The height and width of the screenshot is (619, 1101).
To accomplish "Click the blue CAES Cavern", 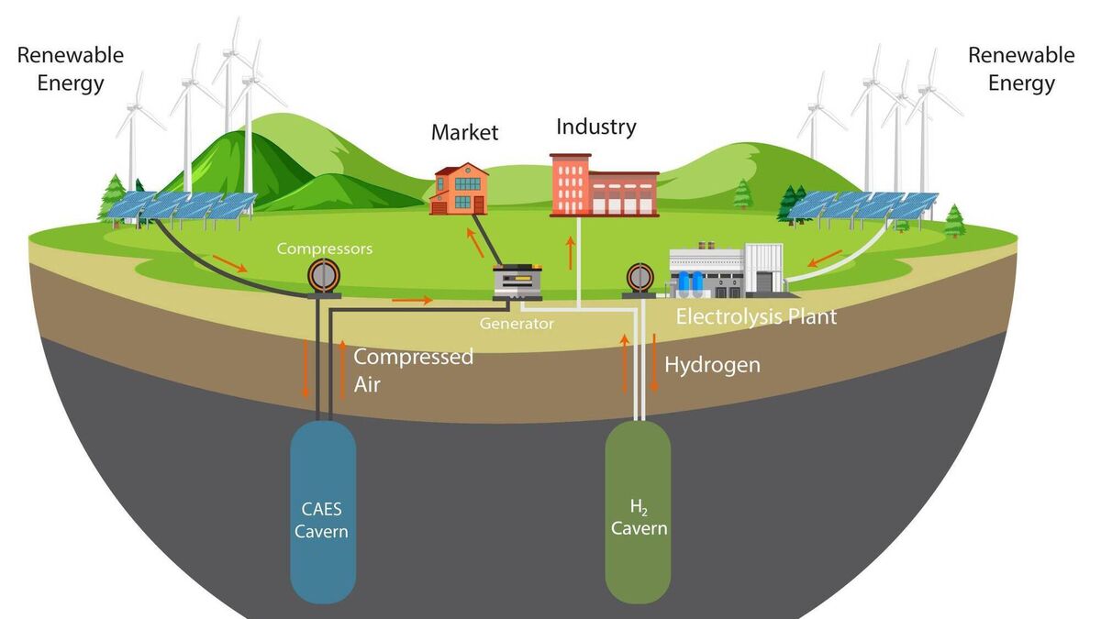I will (322, 514).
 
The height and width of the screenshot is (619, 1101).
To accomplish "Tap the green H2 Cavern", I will (638, 514).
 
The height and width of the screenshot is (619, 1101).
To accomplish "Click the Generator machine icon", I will (517, 282).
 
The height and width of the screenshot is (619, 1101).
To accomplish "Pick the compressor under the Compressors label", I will (322, 276).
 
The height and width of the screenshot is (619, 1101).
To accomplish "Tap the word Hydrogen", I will (712, 365).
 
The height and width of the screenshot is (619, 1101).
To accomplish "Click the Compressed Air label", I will (413, 370).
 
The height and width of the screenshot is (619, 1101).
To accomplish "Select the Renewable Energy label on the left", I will (70, 69).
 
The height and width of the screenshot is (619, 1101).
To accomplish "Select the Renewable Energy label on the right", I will (1021, 69).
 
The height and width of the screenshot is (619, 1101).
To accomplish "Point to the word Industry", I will (595, 127).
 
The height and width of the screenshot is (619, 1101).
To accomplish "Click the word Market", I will (464, 133).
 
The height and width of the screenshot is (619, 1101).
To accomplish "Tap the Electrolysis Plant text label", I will (756, 317).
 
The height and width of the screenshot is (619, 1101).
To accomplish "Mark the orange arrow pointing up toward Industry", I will (571, 252).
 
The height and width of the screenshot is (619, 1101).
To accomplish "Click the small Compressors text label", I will (325, 248).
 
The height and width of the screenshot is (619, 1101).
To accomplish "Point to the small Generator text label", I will (517, 324).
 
